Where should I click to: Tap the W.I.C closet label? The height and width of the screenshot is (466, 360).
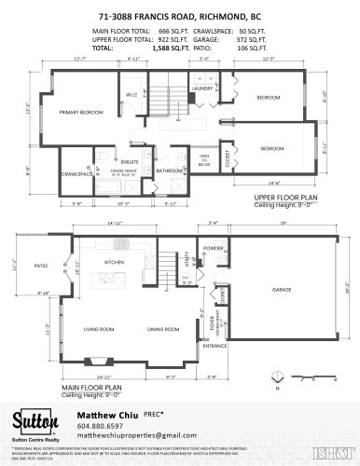tap(132, 93)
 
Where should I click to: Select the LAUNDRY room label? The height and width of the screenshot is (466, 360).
tap(202, 89)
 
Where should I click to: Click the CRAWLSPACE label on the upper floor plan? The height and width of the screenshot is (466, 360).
tap(76, 173)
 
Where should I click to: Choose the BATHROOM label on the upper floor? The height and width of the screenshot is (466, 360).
tap(169, 171)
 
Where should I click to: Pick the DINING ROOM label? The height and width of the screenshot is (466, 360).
tap(163, 328)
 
